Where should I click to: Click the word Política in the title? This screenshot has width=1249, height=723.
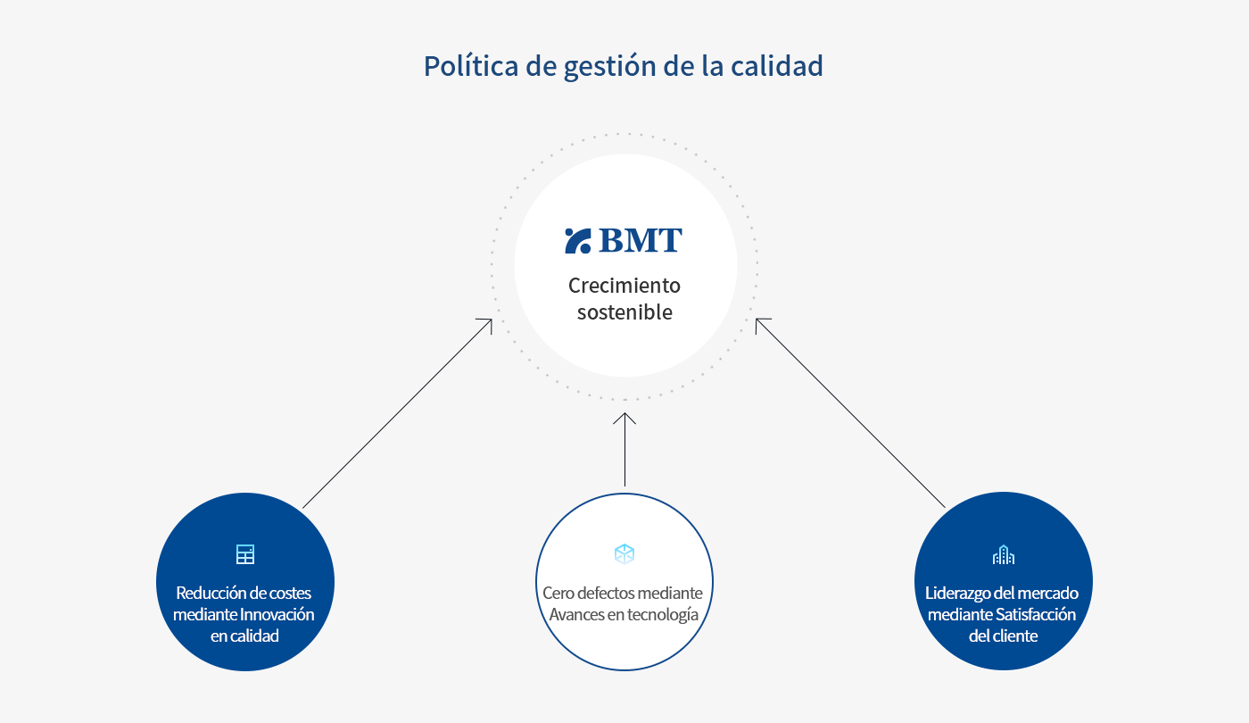tap(471, 66)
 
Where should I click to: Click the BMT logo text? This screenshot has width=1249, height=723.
tap(641, 240)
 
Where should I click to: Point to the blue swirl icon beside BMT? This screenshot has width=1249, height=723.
tap(578, 240)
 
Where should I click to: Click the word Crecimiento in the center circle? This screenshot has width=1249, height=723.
tap(624, 285)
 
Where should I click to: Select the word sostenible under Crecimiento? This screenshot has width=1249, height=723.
tap(624, 312)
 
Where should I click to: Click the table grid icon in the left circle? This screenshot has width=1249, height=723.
tap(245, 554)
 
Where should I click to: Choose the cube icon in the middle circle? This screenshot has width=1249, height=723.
tap(624, 554)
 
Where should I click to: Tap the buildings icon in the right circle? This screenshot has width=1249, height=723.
tap(1004, 554)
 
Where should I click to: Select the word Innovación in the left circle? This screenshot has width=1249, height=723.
tap(277, 614)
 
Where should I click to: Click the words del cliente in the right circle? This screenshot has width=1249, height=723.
tap(1003, 636)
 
